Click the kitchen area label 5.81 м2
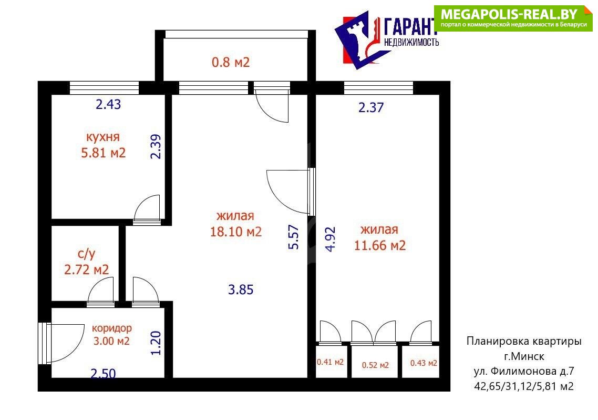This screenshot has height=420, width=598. [104, 153]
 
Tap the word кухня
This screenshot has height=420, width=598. [102, 137]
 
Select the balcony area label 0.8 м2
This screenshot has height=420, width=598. [231, 62]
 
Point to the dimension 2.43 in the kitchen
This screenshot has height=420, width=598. [108, 104]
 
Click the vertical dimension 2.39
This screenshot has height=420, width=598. [156, 147]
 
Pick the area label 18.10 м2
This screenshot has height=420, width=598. [236, 232]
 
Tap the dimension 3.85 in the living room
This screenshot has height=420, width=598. [241, 289]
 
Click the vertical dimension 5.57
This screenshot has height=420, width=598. [294, 237]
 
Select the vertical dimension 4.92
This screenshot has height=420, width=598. [331, 239]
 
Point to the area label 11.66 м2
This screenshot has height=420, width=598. [380, 245]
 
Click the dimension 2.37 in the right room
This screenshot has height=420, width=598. [371, 107]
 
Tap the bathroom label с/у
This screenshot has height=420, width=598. [87, 254]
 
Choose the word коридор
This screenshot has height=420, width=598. [112, 328]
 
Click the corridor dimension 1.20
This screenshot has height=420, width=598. [156, 343]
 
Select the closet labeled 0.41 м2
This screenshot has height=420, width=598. [331, 362]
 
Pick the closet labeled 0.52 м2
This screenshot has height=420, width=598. [375, 365]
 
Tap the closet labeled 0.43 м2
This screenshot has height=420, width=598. [424, 363]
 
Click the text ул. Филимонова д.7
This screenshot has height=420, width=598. [523, 371]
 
